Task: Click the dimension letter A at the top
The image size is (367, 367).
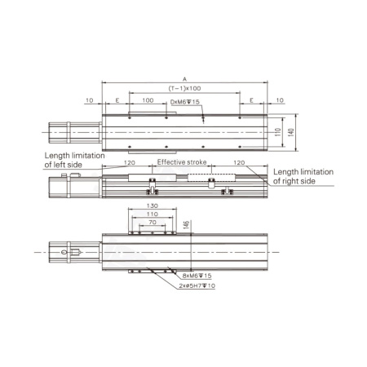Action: pos(184,79)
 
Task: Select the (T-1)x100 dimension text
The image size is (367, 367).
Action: pos(184,88)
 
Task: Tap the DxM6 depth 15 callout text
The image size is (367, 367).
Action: pos(185,102)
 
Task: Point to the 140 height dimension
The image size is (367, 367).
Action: pos(291,132)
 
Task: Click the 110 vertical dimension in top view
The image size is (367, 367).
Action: pos(278,132)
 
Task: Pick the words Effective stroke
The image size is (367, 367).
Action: pos(182,162)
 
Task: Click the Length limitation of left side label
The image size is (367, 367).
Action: pos(74,160)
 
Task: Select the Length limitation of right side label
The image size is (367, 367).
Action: pos(303,176)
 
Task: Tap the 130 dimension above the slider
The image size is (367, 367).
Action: pos(153,206)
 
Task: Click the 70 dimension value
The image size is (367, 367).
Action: pos(153,223)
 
